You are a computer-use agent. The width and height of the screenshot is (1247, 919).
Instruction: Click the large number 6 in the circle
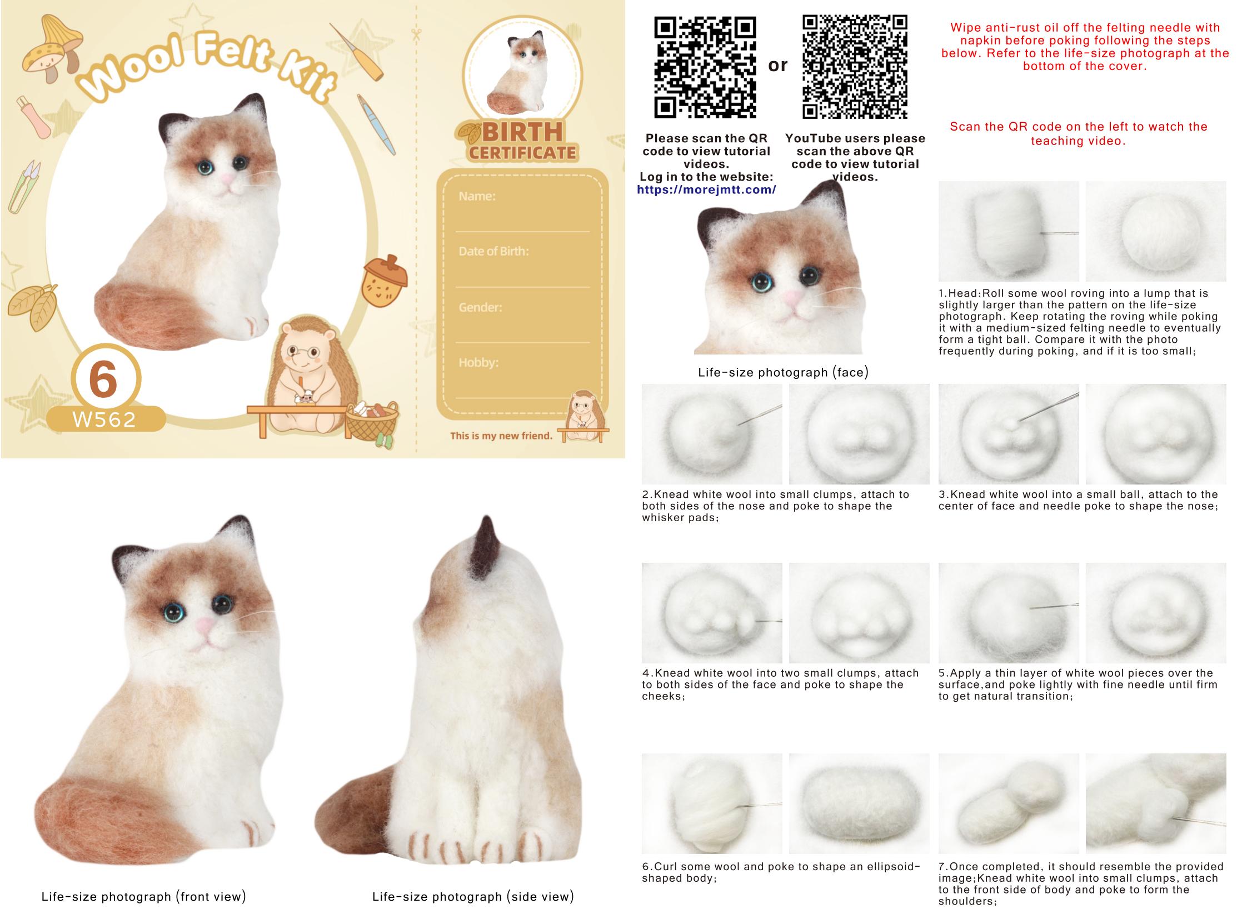click(103, 379)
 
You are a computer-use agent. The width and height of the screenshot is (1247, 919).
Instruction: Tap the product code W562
click(104, 419)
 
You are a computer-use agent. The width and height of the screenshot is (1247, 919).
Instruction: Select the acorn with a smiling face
click(385, 281)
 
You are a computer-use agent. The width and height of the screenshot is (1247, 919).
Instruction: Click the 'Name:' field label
click(477, 196)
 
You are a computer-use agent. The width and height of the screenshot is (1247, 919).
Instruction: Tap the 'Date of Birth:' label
click(493, 251)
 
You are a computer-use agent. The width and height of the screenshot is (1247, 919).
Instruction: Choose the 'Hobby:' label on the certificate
click(478, 362)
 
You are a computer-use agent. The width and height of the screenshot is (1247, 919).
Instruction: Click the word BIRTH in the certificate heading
click(522, 132)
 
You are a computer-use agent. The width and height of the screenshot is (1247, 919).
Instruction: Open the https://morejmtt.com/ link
click(706, 189)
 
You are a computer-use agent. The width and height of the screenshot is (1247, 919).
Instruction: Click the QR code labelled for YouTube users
click(855, 67)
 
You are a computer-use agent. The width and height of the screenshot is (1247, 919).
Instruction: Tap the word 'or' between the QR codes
click(777, 66)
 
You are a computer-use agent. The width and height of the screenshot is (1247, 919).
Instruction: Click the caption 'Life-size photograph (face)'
click(783, 372)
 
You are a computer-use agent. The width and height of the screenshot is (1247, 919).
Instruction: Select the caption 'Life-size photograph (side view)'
click(473, 896)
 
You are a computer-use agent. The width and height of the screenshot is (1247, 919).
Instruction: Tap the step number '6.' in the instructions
click(647, 866)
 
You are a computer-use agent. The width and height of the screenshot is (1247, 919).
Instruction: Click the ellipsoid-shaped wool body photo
click(859, 803)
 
